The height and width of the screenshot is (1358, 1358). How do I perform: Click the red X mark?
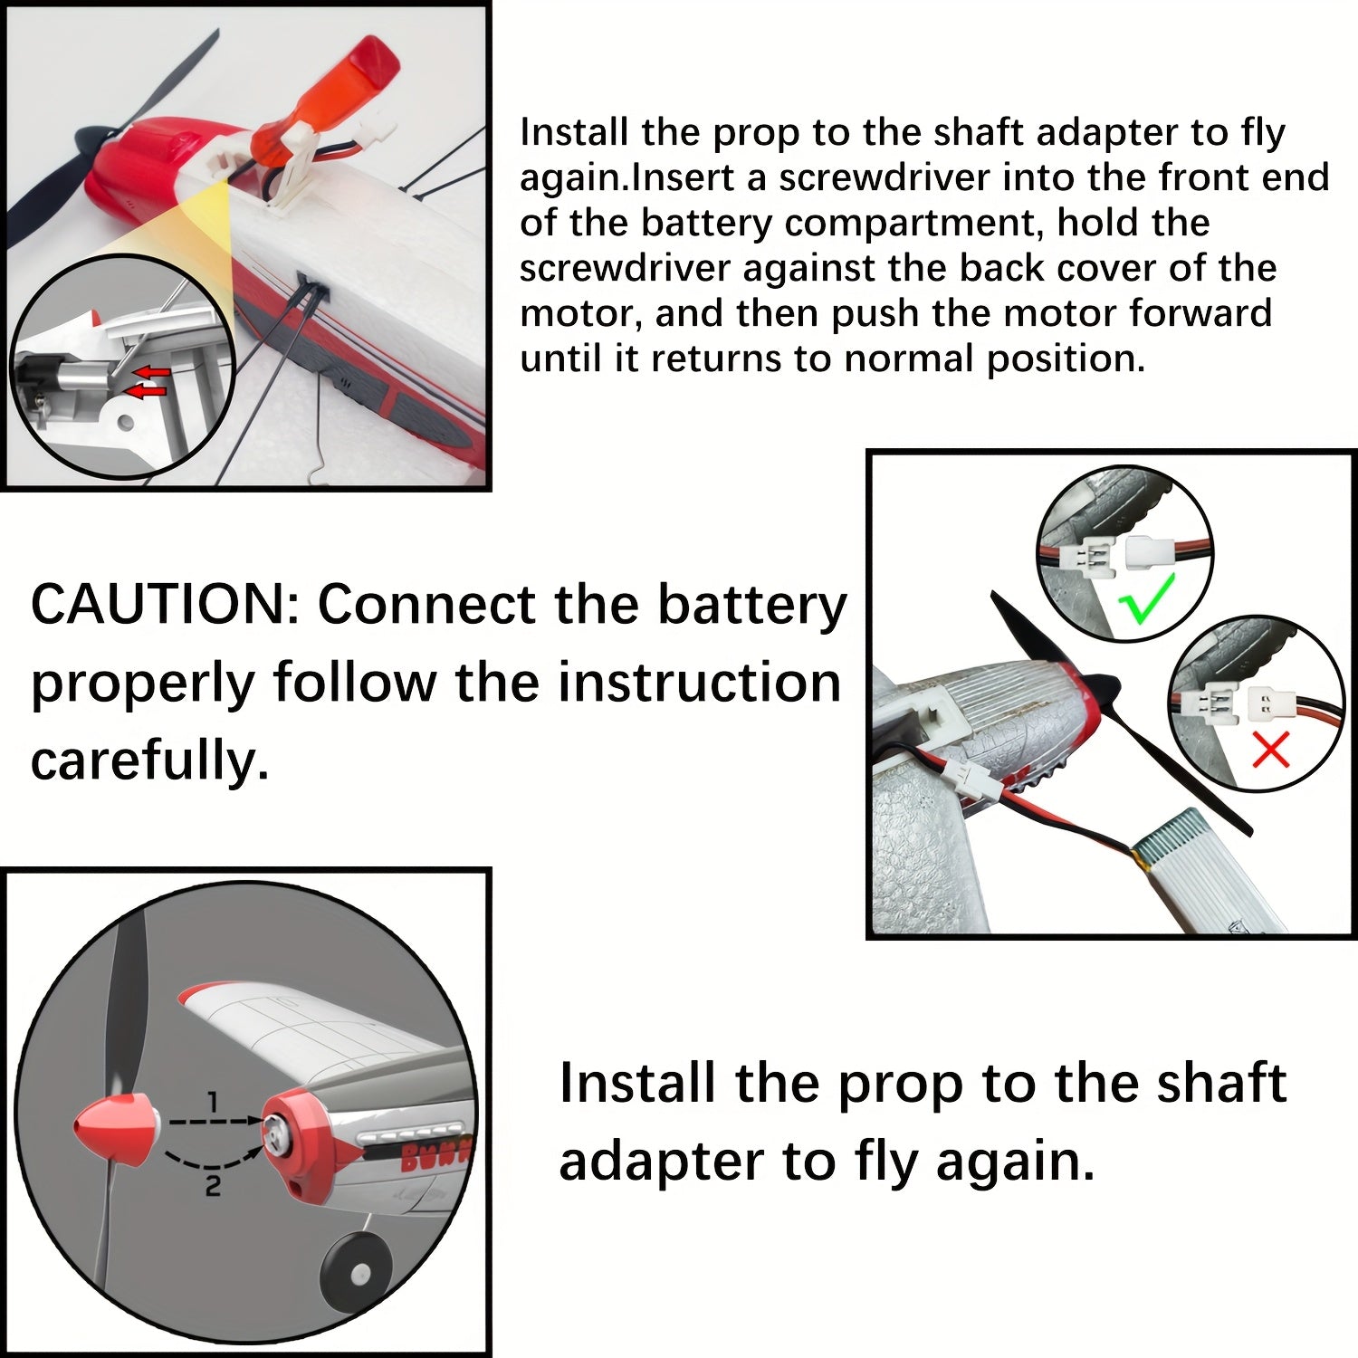coord(1270,751)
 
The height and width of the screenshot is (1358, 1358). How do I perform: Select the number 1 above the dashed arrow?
coord(213,1102)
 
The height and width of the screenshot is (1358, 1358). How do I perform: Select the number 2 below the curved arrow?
coord(213,1185)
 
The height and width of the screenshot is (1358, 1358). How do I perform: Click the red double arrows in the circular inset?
coord(147,381)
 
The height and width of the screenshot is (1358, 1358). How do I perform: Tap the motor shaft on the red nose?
coord(272,1125)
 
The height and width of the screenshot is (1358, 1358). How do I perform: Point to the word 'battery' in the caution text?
coord(751,605)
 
